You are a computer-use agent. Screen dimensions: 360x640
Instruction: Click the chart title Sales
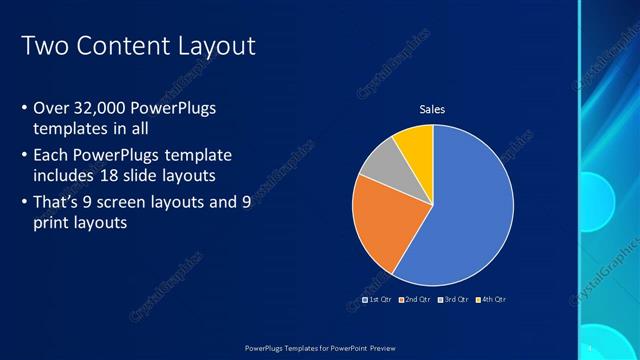[432, 109]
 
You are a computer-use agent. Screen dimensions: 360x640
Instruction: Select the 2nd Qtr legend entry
[415, 299]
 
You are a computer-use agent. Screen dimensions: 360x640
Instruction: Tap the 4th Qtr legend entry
[491, 299]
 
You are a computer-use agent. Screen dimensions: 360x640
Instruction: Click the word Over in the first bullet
[51, 108]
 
